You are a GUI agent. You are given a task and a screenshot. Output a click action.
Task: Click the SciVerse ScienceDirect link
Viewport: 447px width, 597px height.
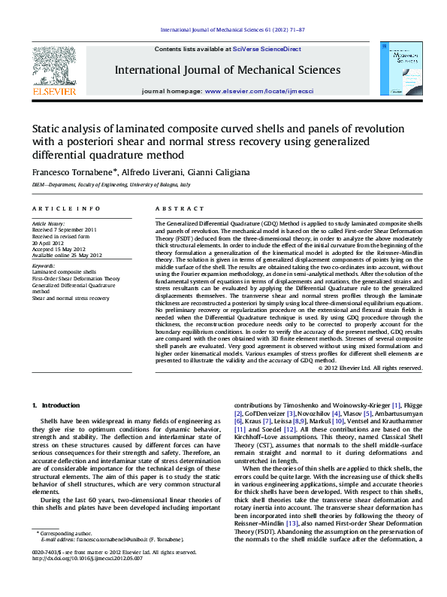[267, 49]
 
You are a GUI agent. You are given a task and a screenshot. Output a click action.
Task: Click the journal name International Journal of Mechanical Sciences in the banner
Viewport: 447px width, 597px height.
[227, 70]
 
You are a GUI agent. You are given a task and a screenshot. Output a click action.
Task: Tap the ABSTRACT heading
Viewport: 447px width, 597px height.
[174, 208]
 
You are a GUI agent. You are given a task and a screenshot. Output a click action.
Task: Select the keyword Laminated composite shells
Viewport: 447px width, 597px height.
[64, 271]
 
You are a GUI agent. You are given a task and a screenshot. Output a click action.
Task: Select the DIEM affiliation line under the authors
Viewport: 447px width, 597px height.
[110, 184]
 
